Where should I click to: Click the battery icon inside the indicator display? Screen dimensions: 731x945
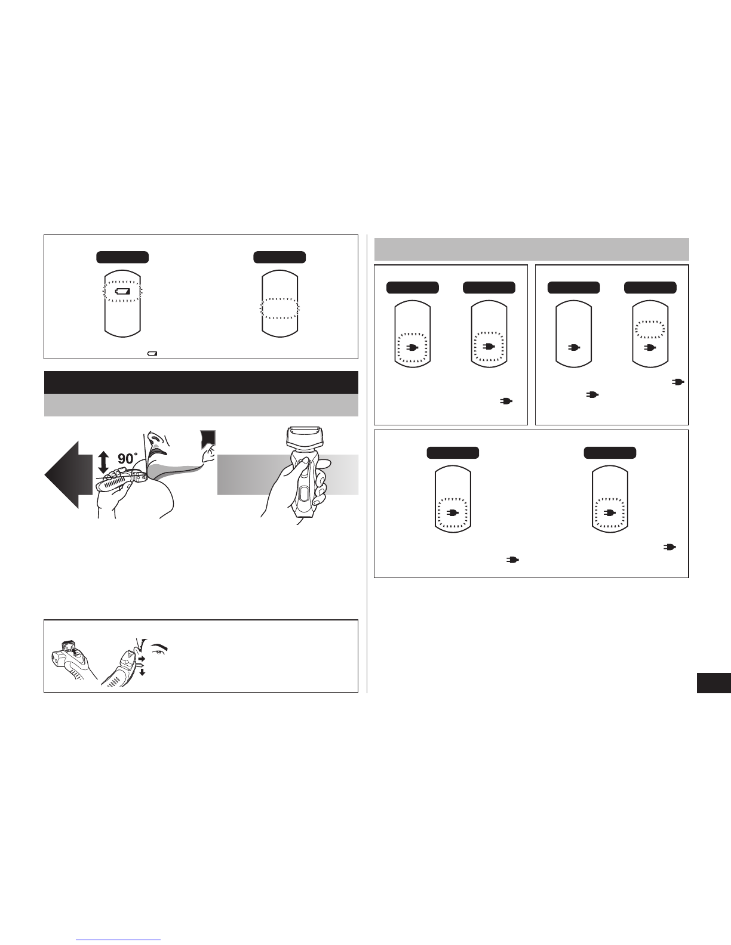[122, 291]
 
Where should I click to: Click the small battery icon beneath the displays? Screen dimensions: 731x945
[152, 354]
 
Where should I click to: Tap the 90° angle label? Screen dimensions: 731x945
[128, 459]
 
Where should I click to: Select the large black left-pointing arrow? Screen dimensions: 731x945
[69, 475]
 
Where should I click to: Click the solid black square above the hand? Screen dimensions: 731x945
[208, 439]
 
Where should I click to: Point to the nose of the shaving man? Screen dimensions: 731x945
[152, 436]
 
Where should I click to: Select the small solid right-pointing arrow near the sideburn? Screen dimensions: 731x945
[142, 660]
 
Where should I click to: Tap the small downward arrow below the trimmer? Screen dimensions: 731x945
[142, 672]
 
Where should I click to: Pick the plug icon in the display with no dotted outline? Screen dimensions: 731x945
[574, 347]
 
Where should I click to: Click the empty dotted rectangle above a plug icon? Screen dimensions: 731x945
[650, 330]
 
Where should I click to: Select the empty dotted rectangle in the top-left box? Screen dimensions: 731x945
[280, 308]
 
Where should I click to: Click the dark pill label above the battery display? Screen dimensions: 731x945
[122, 257]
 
